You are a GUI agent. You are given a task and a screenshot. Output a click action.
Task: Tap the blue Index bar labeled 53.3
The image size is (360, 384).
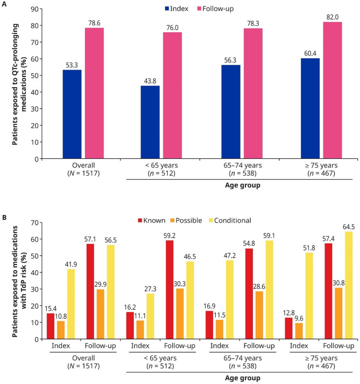(73, 114)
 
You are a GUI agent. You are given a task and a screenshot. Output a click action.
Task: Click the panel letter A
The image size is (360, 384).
(4, 4)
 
